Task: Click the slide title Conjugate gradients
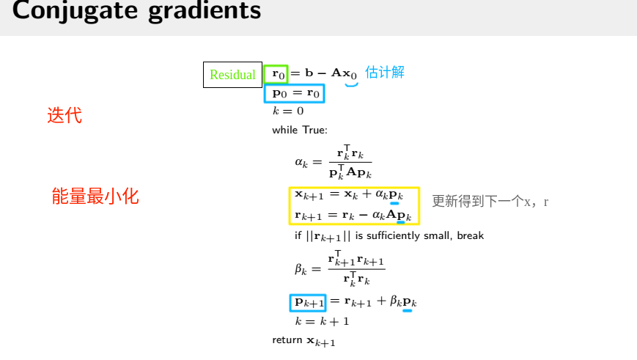136,12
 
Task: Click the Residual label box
232,75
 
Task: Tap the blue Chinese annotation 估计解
385,72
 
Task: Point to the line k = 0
287,111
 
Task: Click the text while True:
299,130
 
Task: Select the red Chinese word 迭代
65,115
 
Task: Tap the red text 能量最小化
95,196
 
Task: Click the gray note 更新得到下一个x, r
490,202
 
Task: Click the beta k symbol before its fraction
302,268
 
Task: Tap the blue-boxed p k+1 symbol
309,301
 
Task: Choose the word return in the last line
287,340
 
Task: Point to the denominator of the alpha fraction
350,174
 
